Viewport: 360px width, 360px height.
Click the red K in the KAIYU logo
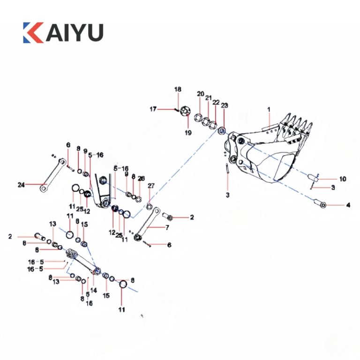[33, 32]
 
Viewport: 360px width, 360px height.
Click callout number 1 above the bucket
[269, 109]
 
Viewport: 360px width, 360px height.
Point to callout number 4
[348, 205]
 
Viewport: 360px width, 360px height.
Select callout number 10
[343, 179]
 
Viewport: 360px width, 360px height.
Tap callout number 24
[21, 185]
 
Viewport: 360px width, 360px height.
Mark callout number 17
[153, 109]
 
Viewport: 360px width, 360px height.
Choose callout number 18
[178, 90]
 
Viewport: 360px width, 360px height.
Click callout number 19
[188, 133]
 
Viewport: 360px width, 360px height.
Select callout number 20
[200, 94]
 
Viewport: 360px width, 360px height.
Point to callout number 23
[224, 106]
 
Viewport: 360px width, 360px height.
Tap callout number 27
[150, 186]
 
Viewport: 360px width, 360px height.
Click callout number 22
[216, 102]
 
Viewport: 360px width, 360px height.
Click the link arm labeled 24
[52, 175]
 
